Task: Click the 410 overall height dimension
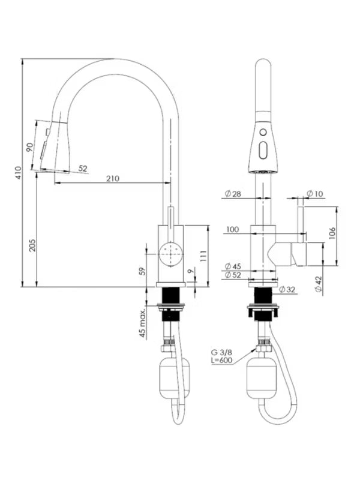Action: point(19,173)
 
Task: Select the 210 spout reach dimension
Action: point(113,178)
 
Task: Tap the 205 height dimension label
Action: point(32,245)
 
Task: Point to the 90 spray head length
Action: point(29,147)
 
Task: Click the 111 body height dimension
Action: point(203,256)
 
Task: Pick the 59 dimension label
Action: point(142,271)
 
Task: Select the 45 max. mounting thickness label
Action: point(142,323)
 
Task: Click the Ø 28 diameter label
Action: point(233,194)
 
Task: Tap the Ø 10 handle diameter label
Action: point(314,194)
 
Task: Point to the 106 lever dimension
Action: point(333,233)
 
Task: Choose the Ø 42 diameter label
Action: point(319,284)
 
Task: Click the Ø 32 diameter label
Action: point(287,290)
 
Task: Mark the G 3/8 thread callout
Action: point(221,352)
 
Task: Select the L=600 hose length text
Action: point(222,361)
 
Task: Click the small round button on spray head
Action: point(263,132)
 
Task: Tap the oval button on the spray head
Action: point(263,151)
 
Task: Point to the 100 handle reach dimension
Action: point(232,229)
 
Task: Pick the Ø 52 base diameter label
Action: point(233,275)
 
